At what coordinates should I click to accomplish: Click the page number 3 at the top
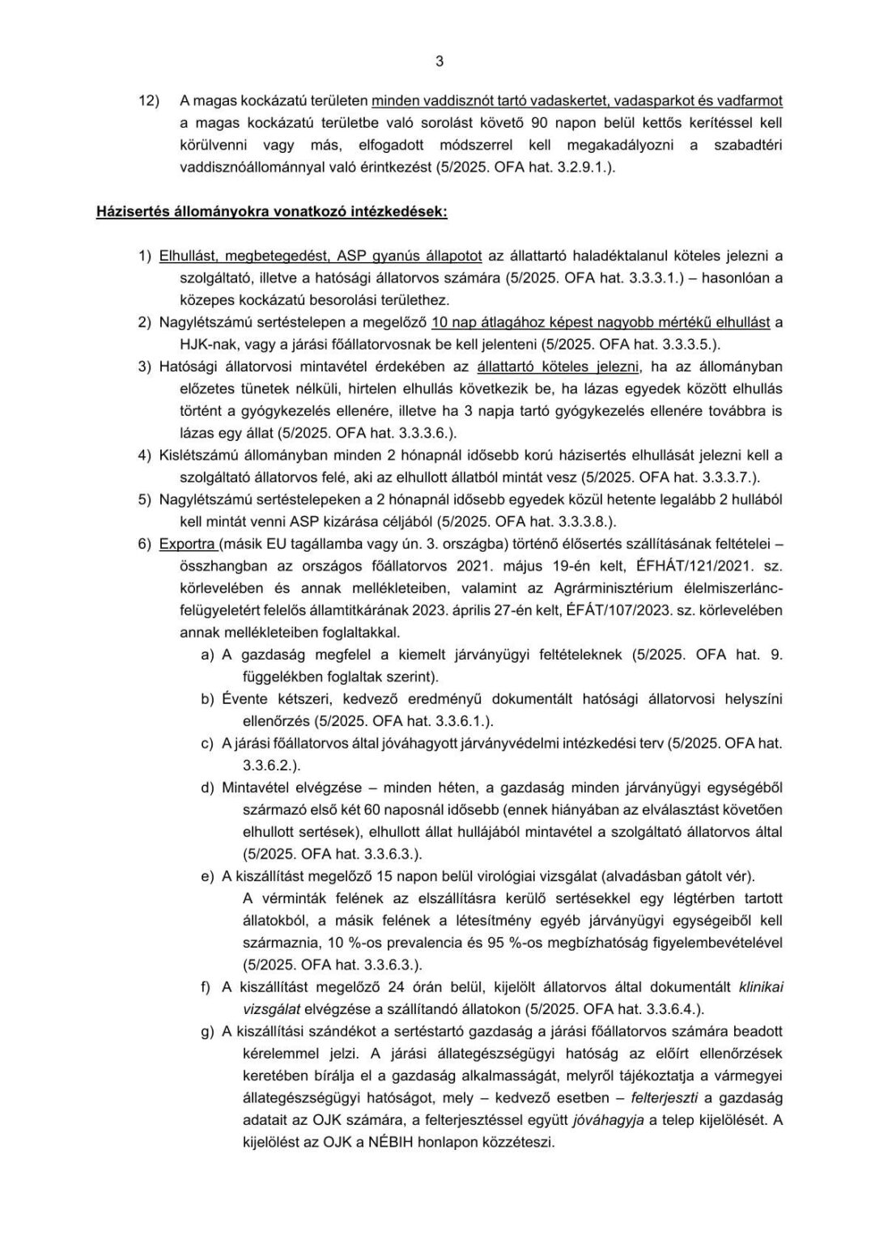coord(439,61)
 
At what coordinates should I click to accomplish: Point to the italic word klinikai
coord(760,987)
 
